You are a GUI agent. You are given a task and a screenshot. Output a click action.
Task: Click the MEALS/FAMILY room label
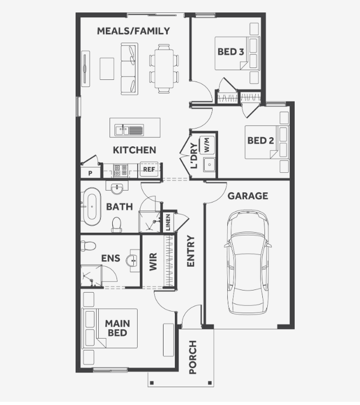[133, 31]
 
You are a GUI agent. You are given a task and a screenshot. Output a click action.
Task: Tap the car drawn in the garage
[248, 262]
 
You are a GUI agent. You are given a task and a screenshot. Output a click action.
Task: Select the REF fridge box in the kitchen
[149, 170]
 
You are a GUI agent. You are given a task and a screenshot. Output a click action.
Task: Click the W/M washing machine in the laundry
[207, 145]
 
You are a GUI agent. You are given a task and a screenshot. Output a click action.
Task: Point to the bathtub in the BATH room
[92, 207]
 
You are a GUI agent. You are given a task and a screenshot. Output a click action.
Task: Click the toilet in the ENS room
[88, 246]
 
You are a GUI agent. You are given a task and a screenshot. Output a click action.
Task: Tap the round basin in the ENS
[133, 261]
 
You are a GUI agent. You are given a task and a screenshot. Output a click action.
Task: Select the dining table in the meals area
[164, 69]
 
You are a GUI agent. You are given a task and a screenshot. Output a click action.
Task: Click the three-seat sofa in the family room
[130, 69]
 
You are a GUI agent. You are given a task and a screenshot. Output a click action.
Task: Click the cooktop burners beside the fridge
[120, 171]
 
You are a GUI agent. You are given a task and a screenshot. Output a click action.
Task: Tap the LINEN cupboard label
[168, 222]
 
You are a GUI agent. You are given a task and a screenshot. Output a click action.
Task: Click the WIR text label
[153, 262]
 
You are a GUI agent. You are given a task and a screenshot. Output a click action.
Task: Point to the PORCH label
[193, 357]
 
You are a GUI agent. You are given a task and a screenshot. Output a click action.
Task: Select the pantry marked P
[90, 173]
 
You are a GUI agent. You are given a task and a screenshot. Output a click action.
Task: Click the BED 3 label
[230, 52]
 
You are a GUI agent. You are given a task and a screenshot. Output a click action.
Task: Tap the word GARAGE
[248, 196]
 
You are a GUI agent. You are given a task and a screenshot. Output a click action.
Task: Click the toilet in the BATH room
[117, 225]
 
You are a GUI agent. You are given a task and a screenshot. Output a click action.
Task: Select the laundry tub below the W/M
[209, 165]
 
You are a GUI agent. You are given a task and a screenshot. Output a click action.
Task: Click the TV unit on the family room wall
[85, 69]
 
